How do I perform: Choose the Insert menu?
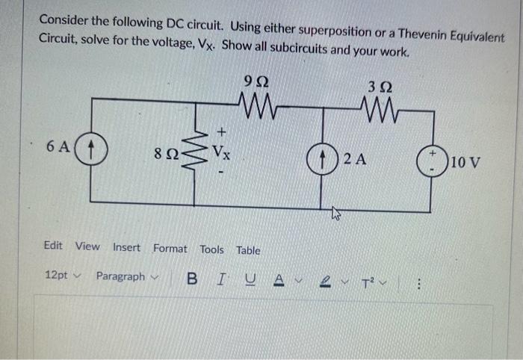[126, 247]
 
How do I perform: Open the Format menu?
[170, 247]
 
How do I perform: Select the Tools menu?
[211, 249]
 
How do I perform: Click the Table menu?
[248, 249]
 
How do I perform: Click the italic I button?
[220, 279]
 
